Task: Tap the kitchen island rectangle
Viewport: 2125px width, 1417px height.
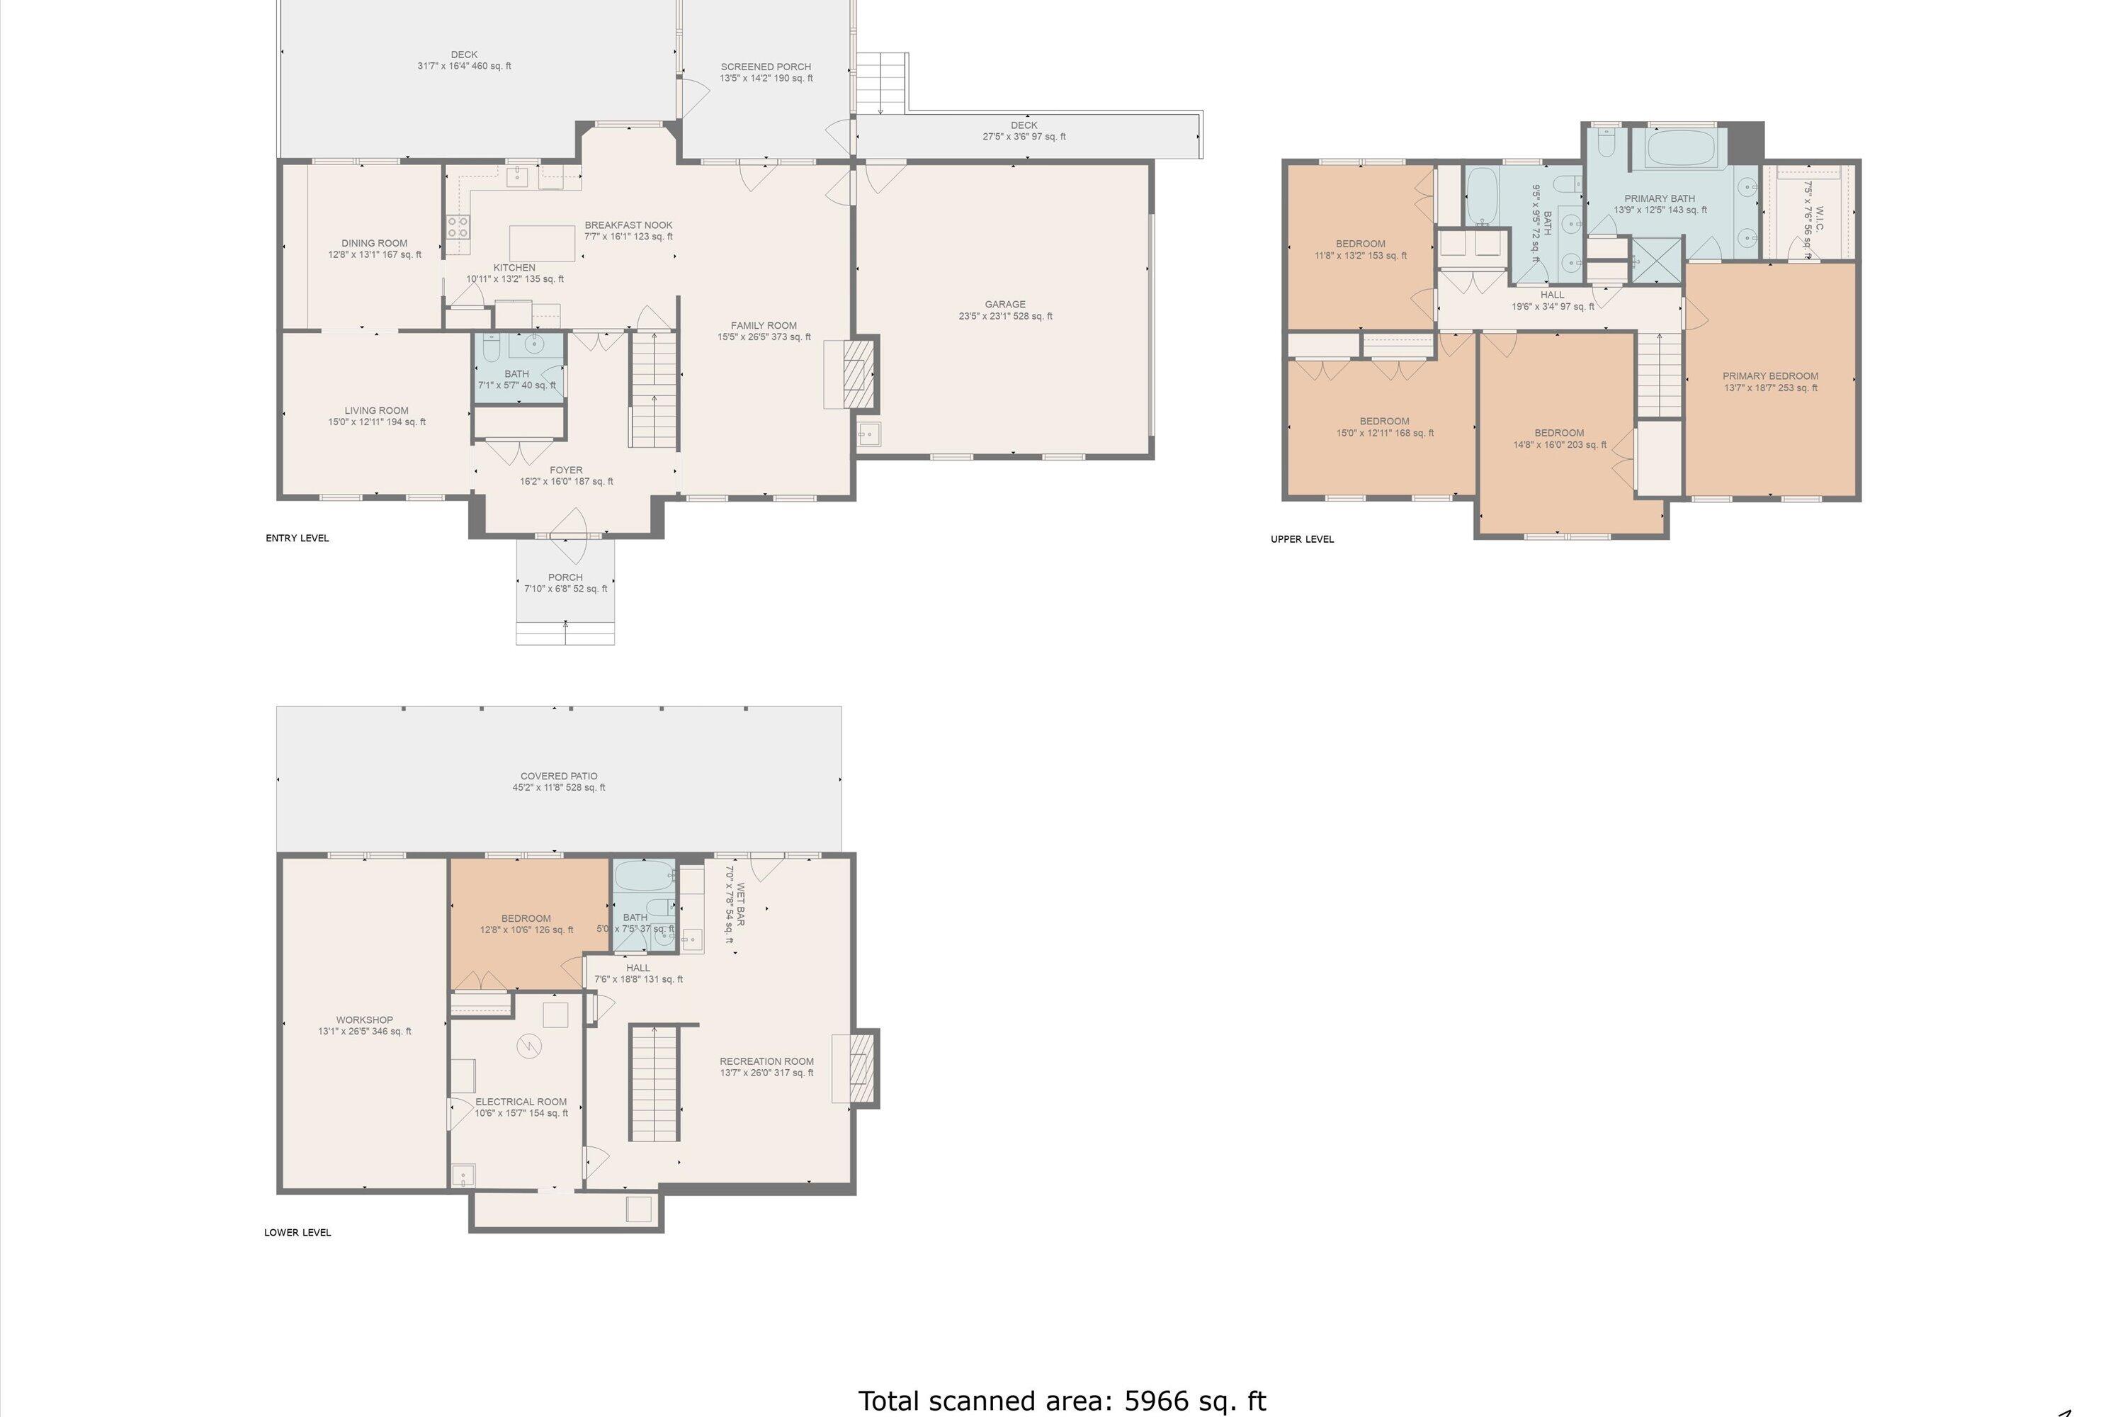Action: pyautogui.click(x=542, y=243)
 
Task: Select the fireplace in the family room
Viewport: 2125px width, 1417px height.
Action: pyautogui.click(x=852, y=373)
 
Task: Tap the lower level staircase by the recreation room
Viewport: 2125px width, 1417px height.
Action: pyautogui.click(x=653, y=1083)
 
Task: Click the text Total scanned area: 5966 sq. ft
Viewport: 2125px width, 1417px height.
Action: pyautogui.click(x=1062, y=1400)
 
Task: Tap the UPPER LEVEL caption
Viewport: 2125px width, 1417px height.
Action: pyautogui.click(x=1302, y=539)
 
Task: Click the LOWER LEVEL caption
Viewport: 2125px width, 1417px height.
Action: pyautogui.click(x=297, y=1232)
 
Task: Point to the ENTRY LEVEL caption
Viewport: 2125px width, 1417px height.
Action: pyautogui.click(x=297, y=538)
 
